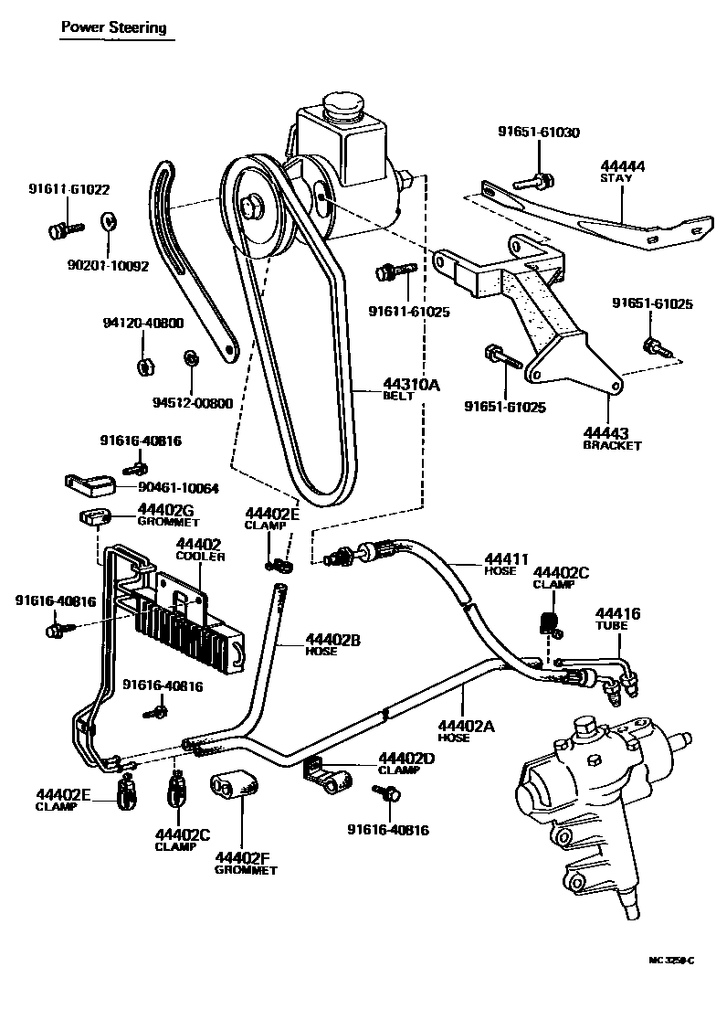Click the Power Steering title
pos(113,27)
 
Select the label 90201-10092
pos(108,268)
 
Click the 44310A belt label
pos(411,390)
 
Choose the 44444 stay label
pos(622,171)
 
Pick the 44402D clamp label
pos(405,763)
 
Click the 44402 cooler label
pos(198,549)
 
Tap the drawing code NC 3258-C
pos(670,961)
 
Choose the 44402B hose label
pos(332,644)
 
